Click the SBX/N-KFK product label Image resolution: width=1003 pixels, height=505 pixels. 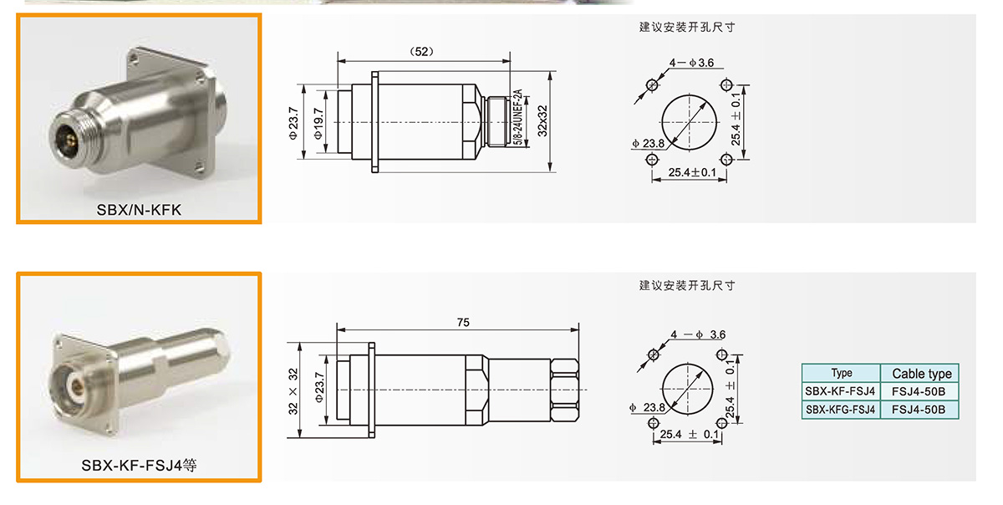click(x=139, y=210)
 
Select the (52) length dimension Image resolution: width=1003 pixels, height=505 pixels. click(x=422, y=52)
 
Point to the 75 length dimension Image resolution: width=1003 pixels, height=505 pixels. click(x=463, y=322)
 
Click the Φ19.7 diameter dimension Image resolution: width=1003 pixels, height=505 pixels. click(x=318, y=123)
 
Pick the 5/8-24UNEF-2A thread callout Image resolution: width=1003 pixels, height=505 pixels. click(x=517, y=117)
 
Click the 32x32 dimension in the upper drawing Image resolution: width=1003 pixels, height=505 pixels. click(x=542, y=121)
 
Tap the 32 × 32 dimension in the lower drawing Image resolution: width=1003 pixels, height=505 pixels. click(x=293, y=391)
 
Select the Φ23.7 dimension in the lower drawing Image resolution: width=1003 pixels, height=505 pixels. click(x=318, y=387)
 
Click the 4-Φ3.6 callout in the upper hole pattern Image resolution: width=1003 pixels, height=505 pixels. click(x=691, y=63)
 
